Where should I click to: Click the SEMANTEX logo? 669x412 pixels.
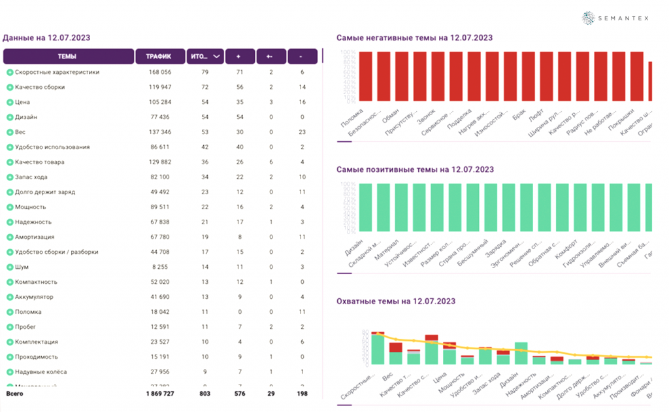pos(616,18)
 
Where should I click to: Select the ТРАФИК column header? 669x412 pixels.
pos(159,56)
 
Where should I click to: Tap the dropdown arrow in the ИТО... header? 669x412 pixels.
pos(217,56)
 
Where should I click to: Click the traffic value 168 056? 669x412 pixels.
pos(159,72)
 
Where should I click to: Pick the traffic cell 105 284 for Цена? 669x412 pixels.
pos(159,102)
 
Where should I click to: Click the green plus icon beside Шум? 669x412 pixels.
pos(10,267)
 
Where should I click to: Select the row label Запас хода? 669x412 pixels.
pos(31,177)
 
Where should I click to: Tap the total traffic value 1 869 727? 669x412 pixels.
pos(159,394)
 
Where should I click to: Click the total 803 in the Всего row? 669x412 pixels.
pos(205,394)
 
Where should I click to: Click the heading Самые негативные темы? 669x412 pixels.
pos(414,38)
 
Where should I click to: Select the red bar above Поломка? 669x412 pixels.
pos(366,77)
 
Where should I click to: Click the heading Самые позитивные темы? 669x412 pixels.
pos(415,169)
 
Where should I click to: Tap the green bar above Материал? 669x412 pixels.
pos(402,207)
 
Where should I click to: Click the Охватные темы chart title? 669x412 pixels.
pos(395,301)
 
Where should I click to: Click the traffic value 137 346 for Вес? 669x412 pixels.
pos(159,132)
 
